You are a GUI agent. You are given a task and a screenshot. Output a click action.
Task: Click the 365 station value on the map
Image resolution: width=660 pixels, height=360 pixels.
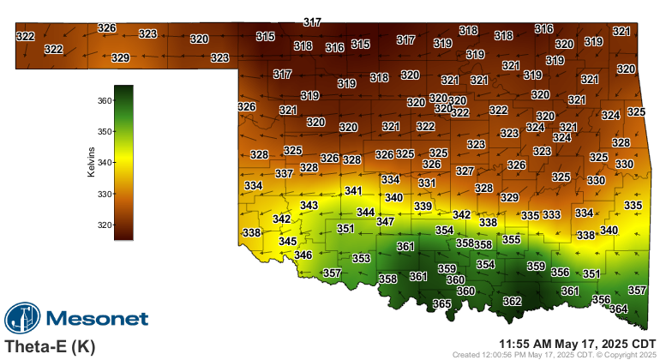coord(441,304)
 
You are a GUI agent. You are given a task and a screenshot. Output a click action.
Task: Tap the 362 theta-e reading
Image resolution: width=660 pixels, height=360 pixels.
coord(512,301)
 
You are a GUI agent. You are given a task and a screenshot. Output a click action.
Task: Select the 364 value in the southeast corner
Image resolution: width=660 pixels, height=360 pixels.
coord(618,309)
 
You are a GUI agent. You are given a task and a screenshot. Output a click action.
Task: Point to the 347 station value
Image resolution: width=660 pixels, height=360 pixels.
coord(385,221)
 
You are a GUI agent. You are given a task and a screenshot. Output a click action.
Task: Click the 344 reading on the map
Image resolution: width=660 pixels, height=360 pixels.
coord(365,212)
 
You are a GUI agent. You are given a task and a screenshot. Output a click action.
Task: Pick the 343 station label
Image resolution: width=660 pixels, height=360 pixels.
coord(309,206)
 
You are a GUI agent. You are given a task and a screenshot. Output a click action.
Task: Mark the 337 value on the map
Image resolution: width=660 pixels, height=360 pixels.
coord(285,173)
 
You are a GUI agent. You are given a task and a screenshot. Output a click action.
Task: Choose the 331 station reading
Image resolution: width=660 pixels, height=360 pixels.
coord(427,183)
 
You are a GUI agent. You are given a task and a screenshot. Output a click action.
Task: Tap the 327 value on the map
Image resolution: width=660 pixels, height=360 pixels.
coord(465,171)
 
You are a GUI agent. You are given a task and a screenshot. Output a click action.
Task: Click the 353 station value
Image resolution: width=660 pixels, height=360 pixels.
coord(361,258)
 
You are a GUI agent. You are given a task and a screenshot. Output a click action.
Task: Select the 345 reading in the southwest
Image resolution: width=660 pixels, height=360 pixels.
coord(288,242)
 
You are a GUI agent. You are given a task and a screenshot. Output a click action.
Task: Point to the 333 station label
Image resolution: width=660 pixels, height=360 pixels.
coord(551,214)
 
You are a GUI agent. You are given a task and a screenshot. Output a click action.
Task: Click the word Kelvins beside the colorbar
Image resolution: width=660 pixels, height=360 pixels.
coord(91,162)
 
